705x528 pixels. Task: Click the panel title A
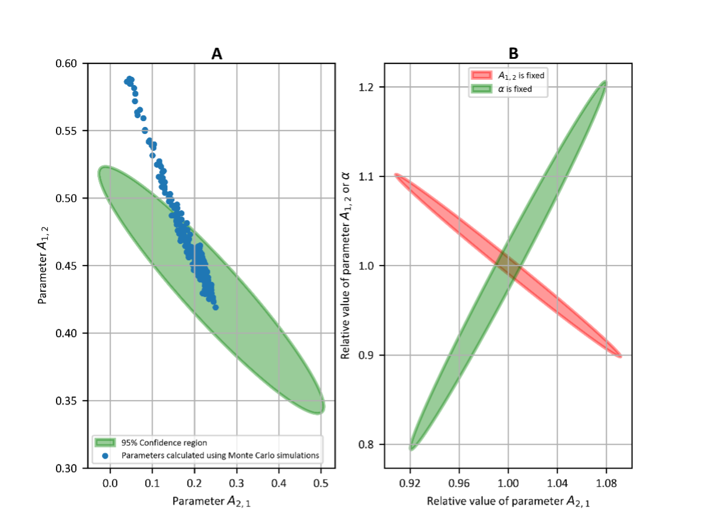click(216, 54)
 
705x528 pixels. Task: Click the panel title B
click(513, 54)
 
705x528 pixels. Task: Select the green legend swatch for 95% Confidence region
click(107, 442)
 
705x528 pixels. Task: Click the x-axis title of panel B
click(508, 501)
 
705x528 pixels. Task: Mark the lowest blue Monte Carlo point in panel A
click(216, 307)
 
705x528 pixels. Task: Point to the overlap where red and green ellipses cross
click(508, 266)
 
